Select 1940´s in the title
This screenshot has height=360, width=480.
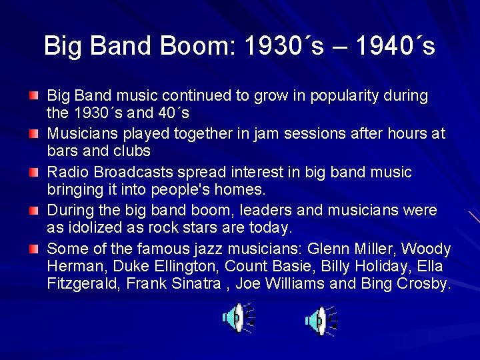(395, 46)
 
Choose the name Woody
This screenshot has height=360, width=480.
(427, 249)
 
